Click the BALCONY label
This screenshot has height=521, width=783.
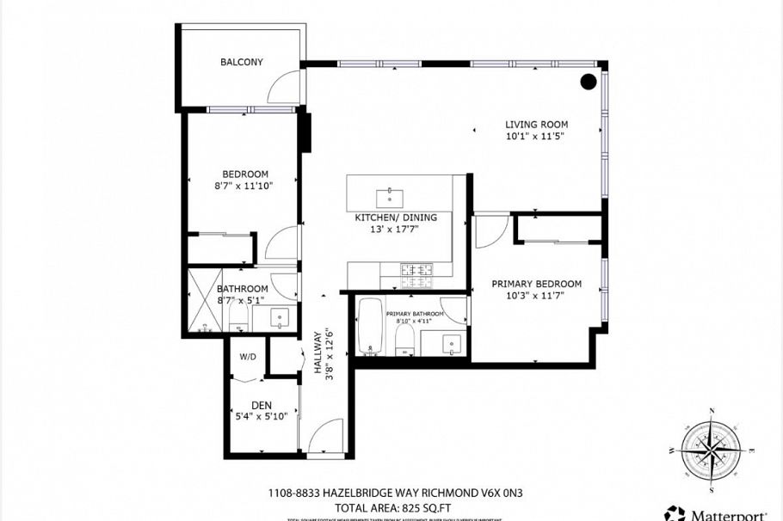(x=241, y=62)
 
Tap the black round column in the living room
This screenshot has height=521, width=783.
(x=588, y=82)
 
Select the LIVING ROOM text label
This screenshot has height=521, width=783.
(x=536, y=125)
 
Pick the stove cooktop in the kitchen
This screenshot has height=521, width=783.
(x=417, y=273)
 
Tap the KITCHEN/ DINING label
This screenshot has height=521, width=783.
(x=396, y=218)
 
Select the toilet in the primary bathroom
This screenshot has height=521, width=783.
(x=405, y=343)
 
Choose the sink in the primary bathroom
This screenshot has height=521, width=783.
(x=453, y=344)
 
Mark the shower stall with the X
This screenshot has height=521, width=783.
(x=206, y=301)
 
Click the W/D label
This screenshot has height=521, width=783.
(x=248, y=357)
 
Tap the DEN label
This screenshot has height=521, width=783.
(x=262, y=406)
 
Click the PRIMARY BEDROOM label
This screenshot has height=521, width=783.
(x=536, y=284)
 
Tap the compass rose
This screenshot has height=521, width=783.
(x=712, y=450)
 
